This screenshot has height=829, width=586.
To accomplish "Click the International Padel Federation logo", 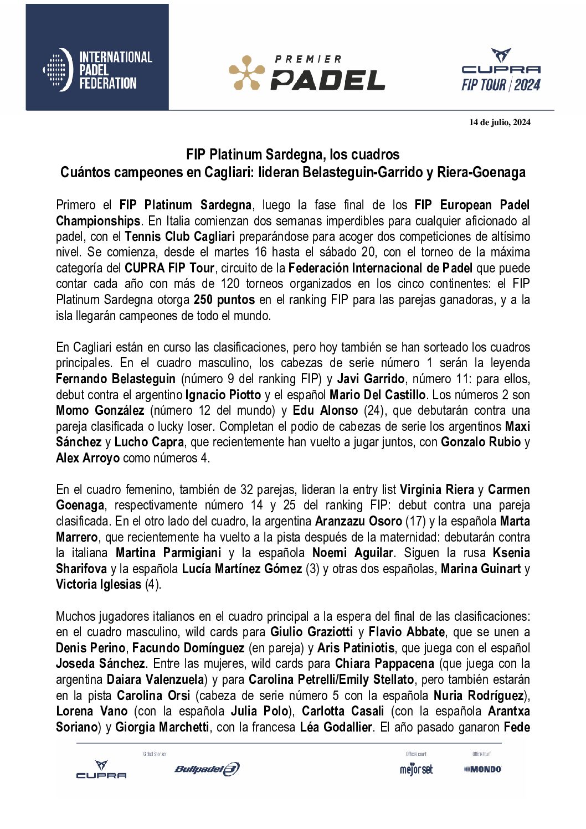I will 97,70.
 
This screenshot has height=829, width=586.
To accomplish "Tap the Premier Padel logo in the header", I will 307,73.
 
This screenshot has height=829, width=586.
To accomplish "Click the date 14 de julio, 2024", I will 500,122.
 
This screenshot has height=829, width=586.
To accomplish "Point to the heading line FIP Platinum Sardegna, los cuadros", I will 292,154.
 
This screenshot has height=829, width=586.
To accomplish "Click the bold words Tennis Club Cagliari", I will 180,236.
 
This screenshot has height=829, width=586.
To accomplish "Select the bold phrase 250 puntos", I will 224,300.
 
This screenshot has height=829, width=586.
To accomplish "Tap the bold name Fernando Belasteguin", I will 116,379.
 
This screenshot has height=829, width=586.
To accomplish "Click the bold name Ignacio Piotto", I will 223,395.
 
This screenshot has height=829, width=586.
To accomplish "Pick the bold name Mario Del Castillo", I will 377,395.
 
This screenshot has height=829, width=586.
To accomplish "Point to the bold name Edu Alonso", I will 325,410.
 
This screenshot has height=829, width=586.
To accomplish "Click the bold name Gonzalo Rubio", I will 481,442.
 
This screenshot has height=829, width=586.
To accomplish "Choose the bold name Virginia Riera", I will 436,490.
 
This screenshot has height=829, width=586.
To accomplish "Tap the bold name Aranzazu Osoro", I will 358,521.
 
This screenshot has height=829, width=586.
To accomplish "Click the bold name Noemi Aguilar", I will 353,553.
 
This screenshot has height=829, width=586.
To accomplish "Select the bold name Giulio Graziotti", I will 311,632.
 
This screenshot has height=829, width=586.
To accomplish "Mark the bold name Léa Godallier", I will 336,727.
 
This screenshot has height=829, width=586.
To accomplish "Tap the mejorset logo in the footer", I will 416,769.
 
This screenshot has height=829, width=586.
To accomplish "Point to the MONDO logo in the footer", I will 483,769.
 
